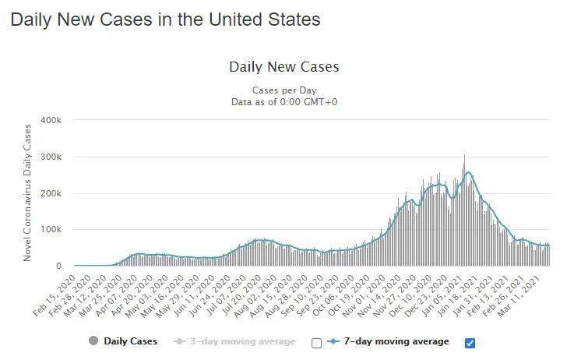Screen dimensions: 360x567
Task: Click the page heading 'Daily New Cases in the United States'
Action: click(x=165, y=19)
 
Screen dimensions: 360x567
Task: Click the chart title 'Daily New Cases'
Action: click(x=283, y=67)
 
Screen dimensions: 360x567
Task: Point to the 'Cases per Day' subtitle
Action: click(x=283, y=90)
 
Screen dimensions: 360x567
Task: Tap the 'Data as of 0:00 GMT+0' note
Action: click(x=283, y=102)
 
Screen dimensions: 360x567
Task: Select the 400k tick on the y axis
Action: click(x=51, y=121)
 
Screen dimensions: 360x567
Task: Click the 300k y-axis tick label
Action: click(x=51, y=157)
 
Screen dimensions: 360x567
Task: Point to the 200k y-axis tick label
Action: click(x=51, y=193)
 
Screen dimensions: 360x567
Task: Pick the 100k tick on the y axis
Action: click(x=51, y=230)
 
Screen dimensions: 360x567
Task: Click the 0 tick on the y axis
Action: click(x=58, y=266)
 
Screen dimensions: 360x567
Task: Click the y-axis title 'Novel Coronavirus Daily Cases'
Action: click(x=27, y=192)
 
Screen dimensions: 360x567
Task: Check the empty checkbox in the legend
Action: click(x=316, y=342)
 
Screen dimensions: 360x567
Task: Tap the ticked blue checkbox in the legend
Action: click(x=469, y=342)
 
